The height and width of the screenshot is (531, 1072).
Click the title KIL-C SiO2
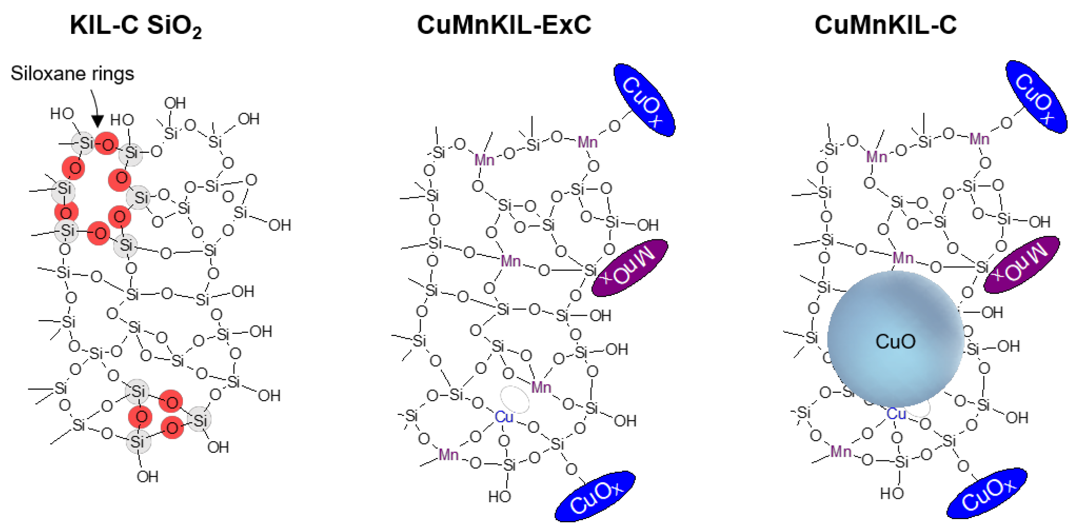tap(136, 26)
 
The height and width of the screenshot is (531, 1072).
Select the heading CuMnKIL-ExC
tap(504, 25)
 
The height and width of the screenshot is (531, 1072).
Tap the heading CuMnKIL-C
tap(885, 25)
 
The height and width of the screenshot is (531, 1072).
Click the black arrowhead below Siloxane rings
tap(97, 121)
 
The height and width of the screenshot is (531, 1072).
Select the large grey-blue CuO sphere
tap(895, 339)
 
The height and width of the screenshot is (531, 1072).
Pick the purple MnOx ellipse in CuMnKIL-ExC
tap(629, 268)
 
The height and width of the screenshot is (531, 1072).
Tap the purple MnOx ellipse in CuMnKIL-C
tap(1021, 265)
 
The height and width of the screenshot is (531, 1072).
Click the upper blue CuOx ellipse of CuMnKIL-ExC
tap(644, 100)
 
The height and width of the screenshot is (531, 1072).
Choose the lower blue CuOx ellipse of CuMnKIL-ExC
tap(595, 496)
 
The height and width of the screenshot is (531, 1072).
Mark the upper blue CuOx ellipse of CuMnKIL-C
tap(1036, 97)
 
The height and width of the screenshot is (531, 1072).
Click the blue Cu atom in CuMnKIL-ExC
tap(504, 417)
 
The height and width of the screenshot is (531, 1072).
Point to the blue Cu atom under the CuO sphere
tap(896, 414)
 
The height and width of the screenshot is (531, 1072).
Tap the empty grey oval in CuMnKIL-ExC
tap(515, 399)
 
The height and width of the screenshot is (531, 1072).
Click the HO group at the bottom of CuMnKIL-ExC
tap(499, 496)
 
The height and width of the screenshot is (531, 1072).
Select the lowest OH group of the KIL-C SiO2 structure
tap(147, 477)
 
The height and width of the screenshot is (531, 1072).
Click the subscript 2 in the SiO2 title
tap(197, 33)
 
